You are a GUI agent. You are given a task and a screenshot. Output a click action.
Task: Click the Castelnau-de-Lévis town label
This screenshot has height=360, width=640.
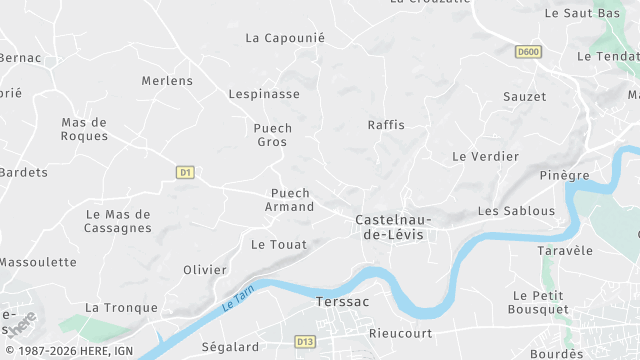[x=390, y=226]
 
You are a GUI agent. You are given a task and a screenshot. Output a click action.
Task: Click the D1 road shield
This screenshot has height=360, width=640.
[x=184, y=172]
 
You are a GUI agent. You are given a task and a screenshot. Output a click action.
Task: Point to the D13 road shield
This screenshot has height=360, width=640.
[x=306, y=342]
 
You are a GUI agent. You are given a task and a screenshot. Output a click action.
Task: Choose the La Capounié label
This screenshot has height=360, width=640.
[x=285, y=38]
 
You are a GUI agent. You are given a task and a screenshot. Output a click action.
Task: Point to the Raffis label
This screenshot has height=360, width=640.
[x=386, y=125]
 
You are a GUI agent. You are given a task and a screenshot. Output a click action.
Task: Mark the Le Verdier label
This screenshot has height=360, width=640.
[x=485, y=157]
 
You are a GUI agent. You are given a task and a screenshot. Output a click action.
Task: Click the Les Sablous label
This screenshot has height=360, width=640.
[x=516, y=211]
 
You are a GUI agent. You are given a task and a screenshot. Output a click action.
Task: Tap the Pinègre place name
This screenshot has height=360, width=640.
[x=564, y=175]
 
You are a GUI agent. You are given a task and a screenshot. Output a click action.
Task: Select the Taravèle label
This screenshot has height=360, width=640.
[x=565, y=250]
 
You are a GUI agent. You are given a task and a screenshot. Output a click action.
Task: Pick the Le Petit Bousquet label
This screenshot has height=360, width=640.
[x=539, y=302]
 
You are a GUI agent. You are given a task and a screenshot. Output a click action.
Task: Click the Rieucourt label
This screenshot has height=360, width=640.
[x=400, y=333]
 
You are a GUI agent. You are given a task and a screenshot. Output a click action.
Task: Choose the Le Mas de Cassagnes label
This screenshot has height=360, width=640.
[x=118, y=221]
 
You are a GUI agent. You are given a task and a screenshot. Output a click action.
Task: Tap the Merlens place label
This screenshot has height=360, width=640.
[x=167, y=80]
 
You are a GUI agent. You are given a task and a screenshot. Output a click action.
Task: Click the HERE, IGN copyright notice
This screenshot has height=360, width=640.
[x=67, y=351]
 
